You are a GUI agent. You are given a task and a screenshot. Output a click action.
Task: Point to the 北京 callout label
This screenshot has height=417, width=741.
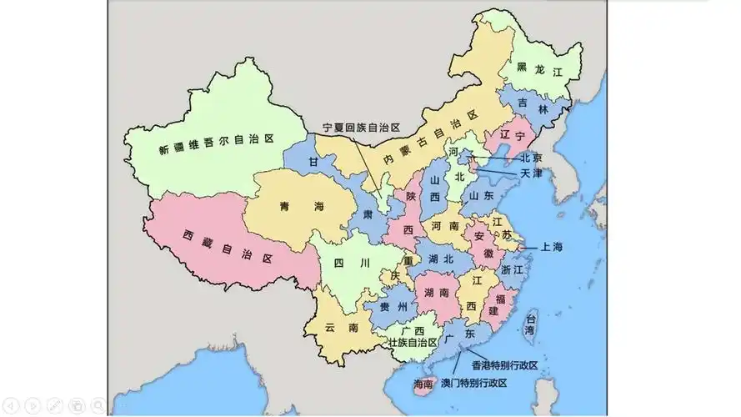coord(531,158)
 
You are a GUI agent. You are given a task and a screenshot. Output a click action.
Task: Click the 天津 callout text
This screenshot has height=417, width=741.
coord(531,173)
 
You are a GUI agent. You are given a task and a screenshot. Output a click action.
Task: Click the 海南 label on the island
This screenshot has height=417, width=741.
coord(423,384)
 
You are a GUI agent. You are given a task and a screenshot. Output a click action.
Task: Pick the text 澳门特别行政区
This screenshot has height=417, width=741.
coord(474,383)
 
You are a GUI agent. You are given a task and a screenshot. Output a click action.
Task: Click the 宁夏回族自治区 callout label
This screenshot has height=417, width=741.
coord(362,128)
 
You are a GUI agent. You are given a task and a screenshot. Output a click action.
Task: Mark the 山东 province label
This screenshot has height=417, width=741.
coord(481,195)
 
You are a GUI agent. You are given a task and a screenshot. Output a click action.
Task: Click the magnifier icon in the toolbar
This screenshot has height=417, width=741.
coord(98,405)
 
